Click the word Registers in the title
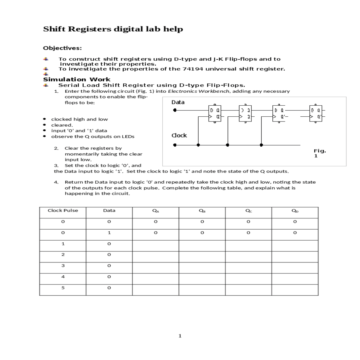pyautogui.click(x=90, y=29)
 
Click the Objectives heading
pyautogui.click(x=62, y=48)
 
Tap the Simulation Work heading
pyautogui.click(x=77, y=79)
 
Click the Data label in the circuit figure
pyautogui.click(x=178, y=102)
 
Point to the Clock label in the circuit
pyautogui.click(x=179, y=136)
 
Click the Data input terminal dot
pyautogui.click(x=175, y=110)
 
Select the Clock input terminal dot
pyautogui.click(x=175, y=145)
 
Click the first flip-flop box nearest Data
pyautogui.click(x=215, y=113)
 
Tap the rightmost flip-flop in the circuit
pyautogui.click(x=316, y=113)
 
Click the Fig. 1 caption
pyautogui.click(x=319, y=153)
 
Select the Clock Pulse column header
pyautogui.click(x=63, y=211)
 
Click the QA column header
pyautogui.click(x=155, y=211)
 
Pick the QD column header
pyautogui.click(x=295, y=211)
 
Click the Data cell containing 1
pyautogui.click(x=109, y=233)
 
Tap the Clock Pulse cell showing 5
pyautogui.click(x=63, y=288)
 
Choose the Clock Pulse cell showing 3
pyautogui.click(x=63, y=266)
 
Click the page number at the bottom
pyautogui.click(x=180, y=336)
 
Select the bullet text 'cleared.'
pyautogui.click(x=62, y=125)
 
